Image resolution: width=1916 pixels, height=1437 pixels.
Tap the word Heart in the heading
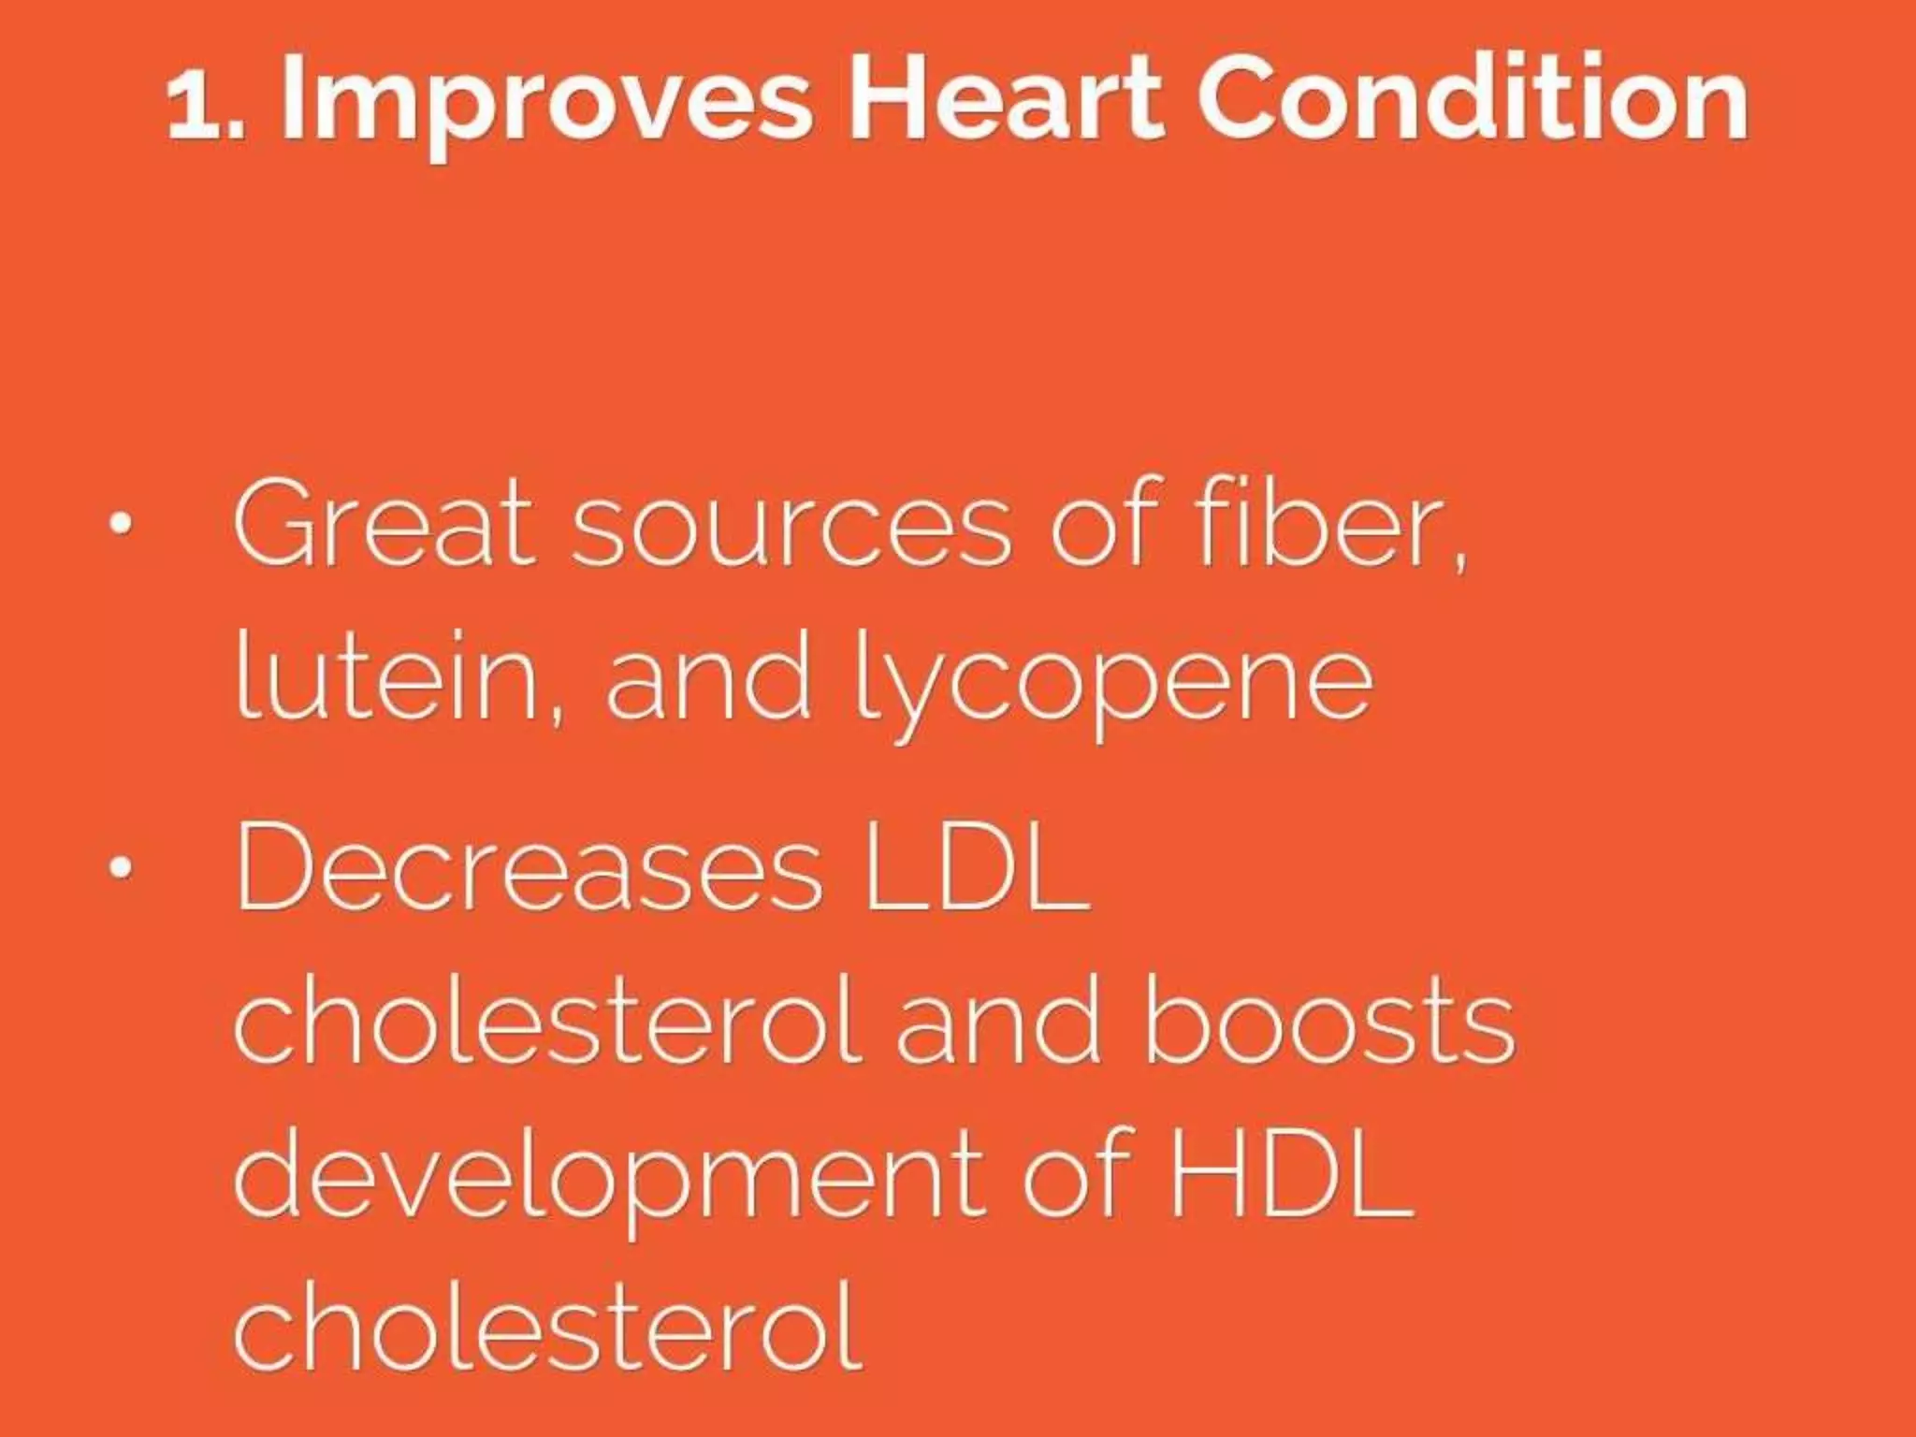[1005, 99]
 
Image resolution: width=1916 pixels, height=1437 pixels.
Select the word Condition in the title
[1473, 99]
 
